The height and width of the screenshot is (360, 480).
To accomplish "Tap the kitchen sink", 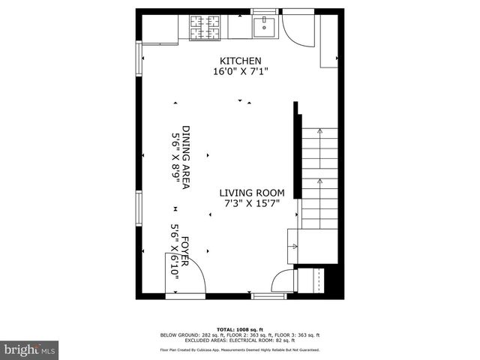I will pyautogui.click(x=265, y=28).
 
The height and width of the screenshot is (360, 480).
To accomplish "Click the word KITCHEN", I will pyautogui.click(x=240, y=61).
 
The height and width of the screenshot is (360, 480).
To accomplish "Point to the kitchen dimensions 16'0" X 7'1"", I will pyautogui.click(x=240, y=72).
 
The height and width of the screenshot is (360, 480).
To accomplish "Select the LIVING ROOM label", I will pyautogui.click(x=251, y=193).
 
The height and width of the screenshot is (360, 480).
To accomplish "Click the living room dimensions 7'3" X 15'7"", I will pyautogui.click(x=251, y=204).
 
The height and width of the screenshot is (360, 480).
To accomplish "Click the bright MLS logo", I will pyautogui.click(x=30, y=349).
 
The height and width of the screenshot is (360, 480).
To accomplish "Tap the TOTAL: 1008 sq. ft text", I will pyautogui.click(x=239, y=329).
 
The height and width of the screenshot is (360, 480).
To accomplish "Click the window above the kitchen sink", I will pyautogui.click(x=264, y=10).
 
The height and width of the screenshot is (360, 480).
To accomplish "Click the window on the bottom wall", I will pyautogui.click(x=268, y=295).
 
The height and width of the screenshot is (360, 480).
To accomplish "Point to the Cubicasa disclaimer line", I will pyautogui.click(x=239, y=350).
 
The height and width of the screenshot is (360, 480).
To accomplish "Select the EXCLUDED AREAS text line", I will pyautogui.click(x=239, y=340).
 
